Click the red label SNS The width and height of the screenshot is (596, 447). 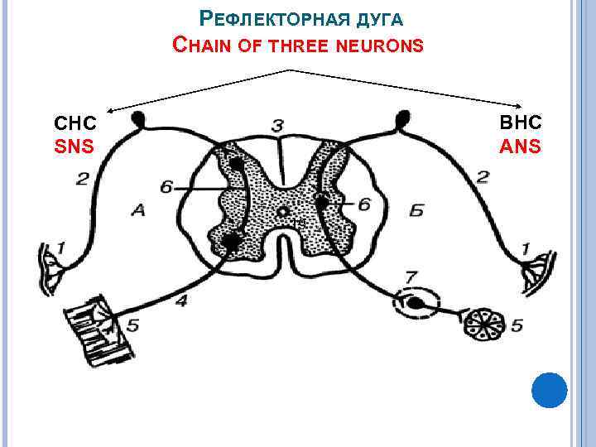74,147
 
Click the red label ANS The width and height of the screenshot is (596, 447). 520,147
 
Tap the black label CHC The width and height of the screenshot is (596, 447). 74,123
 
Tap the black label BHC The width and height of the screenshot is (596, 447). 520,123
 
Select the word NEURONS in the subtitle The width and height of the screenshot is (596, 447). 381,46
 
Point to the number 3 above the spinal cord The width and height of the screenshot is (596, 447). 277,125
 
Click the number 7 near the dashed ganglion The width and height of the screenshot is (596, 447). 411,275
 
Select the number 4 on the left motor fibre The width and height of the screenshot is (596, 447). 180,301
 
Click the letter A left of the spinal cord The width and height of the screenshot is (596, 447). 137,211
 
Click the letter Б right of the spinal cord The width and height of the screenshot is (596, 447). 416,212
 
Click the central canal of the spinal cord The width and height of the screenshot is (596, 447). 283,210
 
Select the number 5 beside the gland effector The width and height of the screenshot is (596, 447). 517,326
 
